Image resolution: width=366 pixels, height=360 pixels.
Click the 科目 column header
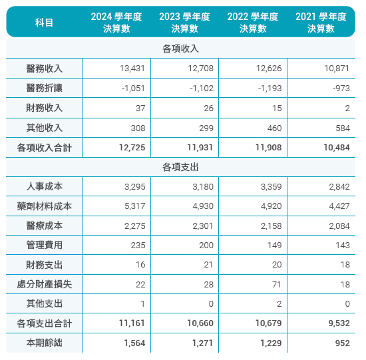tap(44, 23)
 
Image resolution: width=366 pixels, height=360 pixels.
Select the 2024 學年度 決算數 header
tap(116, 23)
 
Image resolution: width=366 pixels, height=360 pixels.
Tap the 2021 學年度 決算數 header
tap(321, 23)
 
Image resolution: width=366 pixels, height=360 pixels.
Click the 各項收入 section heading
tap(180, 49)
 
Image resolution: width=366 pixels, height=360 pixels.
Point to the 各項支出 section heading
tap(180, 167)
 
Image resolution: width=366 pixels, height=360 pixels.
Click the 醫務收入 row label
tap(44, 69)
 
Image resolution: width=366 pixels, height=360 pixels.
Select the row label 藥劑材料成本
tap(44, 206)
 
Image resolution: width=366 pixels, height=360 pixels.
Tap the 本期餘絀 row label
tap(44, 343)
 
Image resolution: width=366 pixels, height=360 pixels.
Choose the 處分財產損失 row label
tap(44, 284)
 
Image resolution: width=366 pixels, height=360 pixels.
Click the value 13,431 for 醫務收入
tap(132, 69)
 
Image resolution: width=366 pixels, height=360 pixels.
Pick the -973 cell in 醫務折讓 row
tap(341, 89)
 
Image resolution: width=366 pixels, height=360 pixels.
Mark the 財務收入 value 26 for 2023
tap(209, 108)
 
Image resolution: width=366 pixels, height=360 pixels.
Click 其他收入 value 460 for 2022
tap(274, 128)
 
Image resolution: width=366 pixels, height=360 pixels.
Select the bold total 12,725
tap(132, 148)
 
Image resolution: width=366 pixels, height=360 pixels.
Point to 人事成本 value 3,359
tap(272, 187)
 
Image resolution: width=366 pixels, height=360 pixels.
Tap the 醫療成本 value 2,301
tap(203, 226)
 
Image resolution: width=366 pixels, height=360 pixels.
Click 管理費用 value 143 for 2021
tap(343, 246)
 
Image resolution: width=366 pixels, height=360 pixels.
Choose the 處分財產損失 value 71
tap(277, 285)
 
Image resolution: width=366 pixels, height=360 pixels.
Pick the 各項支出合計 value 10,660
tap(200, 323)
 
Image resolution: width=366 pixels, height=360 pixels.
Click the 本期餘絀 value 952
tap(343, 343)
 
